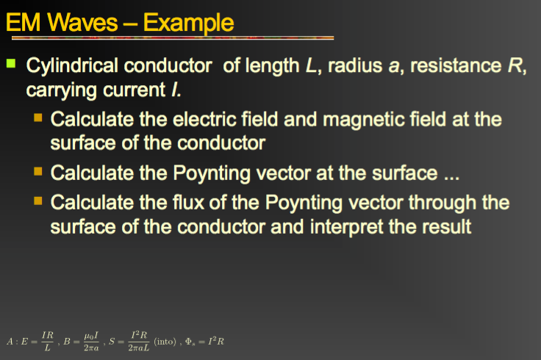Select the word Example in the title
tap(190, 23)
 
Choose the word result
tap(445, 226)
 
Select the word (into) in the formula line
tap(165, 341)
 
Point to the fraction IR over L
tap(47, 341)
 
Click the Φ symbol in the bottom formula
tap(193, 342)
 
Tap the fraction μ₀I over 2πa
tap(91, 341)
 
